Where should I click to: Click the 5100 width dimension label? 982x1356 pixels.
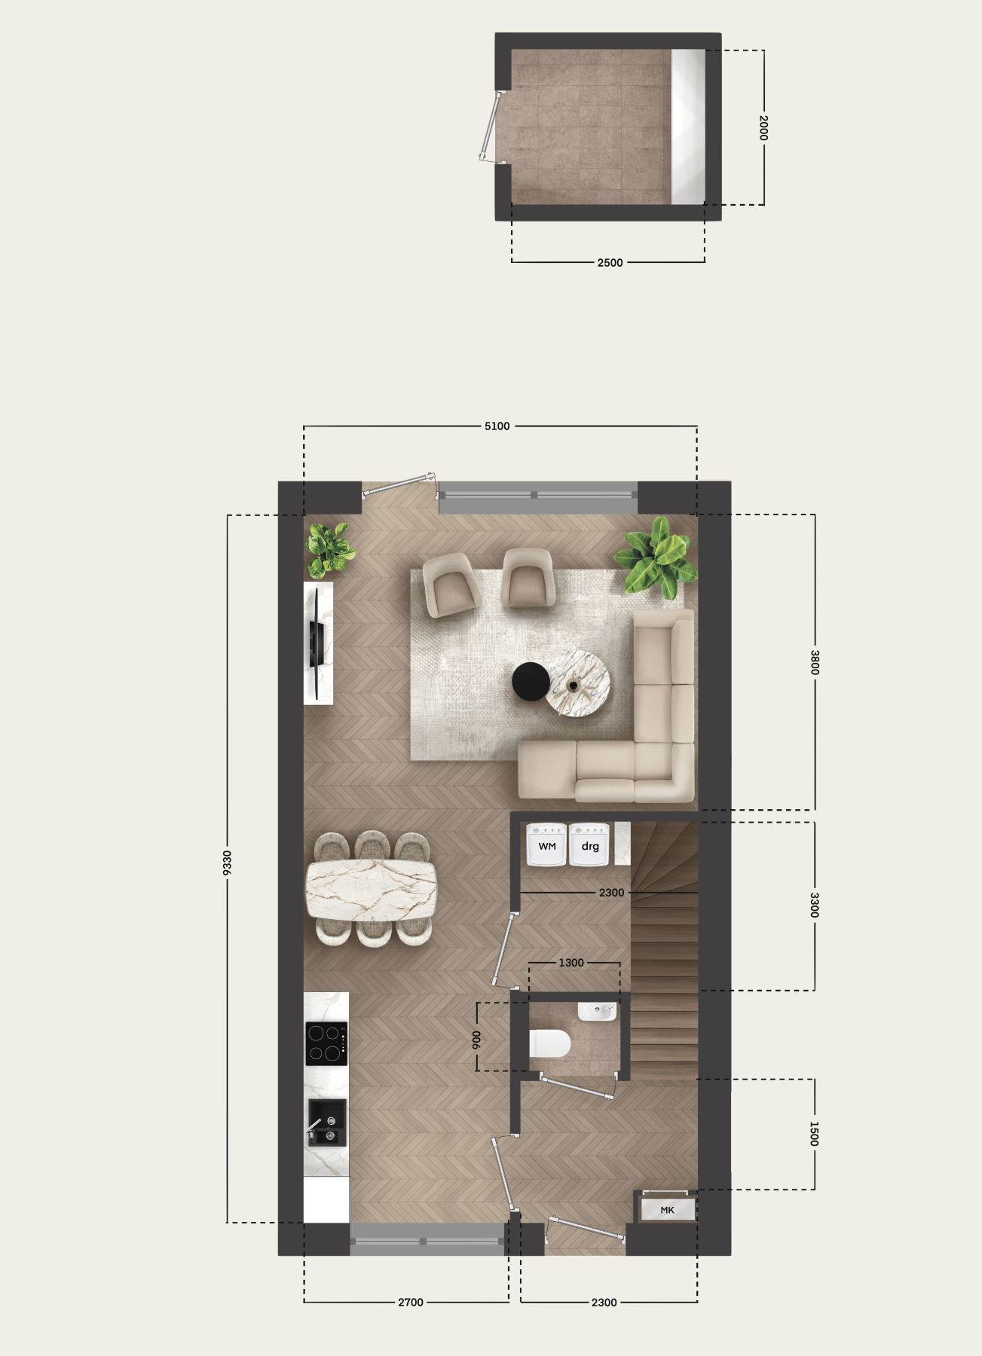pos(497,426)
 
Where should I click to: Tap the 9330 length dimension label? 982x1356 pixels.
pos(227,863)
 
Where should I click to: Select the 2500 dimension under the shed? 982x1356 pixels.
pos(610,263)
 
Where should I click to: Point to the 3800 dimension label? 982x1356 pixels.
pos(815,662)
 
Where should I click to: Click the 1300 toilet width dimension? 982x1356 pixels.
pos(571,963)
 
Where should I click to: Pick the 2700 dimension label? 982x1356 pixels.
pos(411,1303)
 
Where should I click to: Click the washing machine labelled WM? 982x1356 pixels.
pos(546,845)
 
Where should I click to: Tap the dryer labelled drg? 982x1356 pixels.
pos(589,845)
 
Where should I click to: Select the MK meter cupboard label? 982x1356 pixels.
pos(667,1210)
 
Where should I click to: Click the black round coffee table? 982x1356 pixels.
pos(531,681)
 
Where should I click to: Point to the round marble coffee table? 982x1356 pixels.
pos(577,683)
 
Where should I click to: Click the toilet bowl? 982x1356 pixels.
pos(550,1043)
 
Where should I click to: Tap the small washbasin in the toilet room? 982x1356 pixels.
pos(598,1011)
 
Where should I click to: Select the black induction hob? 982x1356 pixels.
pos(326,1043)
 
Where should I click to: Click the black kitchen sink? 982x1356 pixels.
pos(327,1122)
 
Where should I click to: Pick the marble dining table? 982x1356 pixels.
pos(371,890)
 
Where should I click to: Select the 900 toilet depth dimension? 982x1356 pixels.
pos(476,1040)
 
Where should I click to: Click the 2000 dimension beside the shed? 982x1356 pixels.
pos(763,127)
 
